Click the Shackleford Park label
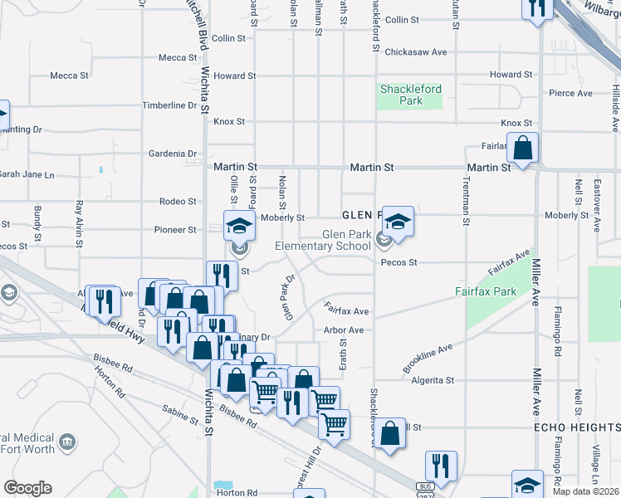(410, 95)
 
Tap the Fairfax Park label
(486, 291)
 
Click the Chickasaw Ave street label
(416, 51)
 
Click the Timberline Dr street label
(169, 105)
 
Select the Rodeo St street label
(178, 202)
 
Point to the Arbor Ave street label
(345, 330)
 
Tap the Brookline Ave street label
(428, 357)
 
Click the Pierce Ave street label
(570, 93)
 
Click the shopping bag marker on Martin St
(522, 149)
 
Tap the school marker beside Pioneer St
(238, 227)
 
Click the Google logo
(27, 488)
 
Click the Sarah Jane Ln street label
(25, 175)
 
